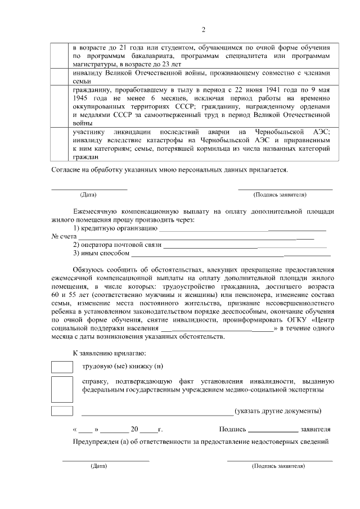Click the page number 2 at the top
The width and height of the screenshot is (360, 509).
pyautogui.click(x=204, y=30)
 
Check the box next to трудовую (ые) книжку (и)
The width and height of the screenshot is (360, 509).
pyautogui.click(x=62, y=367)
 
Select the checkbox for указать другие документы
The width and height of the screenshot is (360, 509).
pyautogui.click(x=62, y=411)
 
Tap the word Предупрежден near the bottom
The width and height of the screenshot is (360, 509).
pyautogui.click(x=96, y=440)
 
